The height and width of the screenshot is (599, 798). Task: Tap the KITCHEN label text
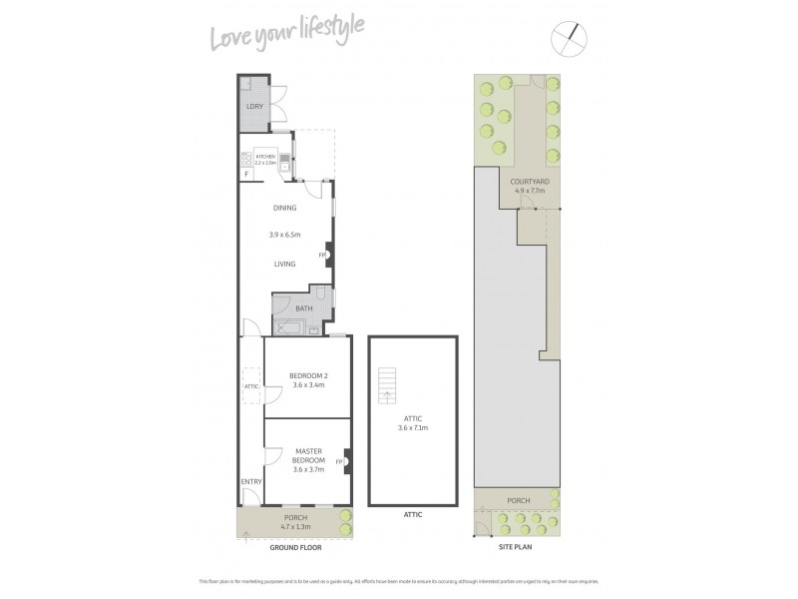click(264, 157)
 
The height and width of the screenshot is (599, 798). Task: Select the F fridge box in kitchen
click(245, 176)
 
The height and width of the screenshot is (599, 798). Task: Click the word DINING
click(286, 209)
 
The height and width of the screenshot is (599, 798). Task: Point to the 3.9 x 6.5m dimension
click(285, 235)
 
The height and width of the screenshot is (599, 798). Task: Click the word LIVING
click(286, 264)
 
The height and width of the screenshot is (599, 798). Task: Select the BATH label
click(302, 308)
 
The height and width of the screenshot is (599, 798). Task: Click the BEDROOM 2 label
click(307, 375)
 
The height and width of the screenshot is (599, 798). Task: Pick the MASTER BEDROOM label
click(308, 455)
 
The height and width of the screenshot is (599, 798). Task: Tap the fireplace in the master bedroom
click(344, 462)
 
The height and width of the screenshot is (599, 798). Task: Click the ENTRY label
click(250, 482)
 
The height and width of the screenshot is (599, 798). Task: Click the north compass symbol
click(571, 39)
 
